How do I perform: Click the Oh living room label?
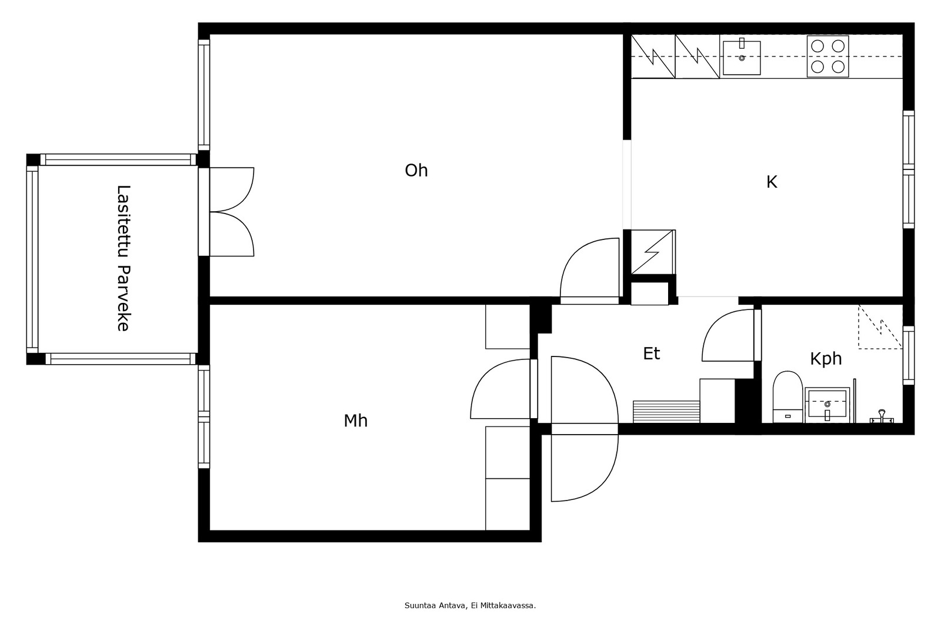(x=416, y=171)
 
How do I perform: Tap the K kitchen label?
(x=772, y=182)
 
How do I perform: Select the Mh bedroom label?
(x=355, y=421)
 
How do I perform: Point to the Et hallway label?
(x=652, y=353)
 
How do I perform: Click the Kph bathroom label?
(x=826, y=359)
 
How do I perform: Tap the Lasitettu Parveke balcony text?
(x=123, y=258)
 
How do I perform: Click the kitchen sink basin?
(x=742, y=58)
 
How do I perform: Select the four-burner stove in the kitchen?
(x=827, y=56)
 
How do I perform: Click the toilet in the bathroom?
(x=787, y=396)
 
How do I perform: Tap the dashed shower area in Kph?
(x=880, y=327)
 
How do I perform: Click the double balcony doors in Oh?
(x=232, y=212)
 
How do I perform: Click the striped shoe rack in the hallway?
(x=666, y=412)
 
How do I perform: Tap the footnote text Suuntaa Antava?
(x=435, y=606)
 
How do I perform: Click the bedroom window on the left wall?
(x=203, y=416)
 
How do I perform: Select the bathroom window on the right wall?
(x=908, y=355)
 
